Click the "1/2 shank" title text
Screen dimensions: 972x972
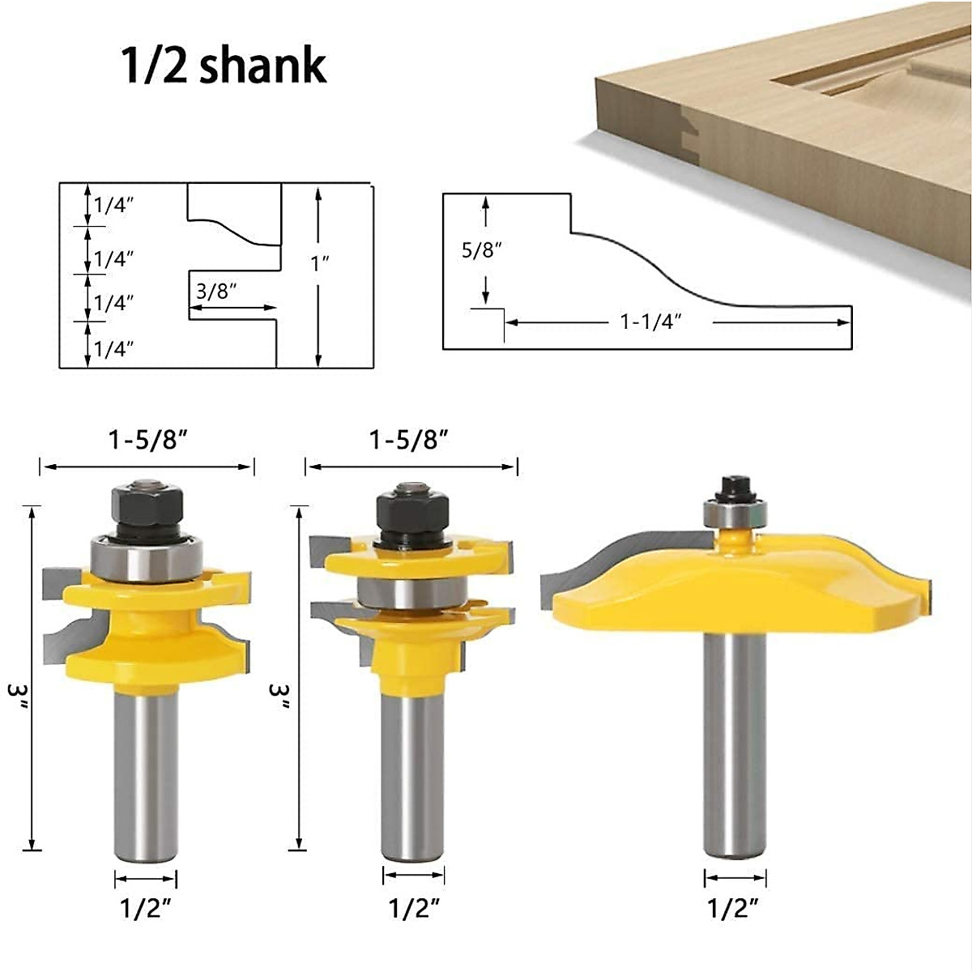pos(224,65)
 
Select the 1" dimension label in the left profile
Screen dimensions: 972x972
pos(320,263)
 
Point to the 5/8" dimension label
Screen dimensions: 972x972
pos(481,249)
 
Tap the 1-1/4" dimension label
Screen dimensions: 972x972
pos(651,322)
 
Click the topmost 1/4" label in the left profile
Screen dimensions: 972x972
pos(113,205)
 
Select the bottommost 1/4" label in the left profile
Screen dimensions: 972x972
pos(113,349)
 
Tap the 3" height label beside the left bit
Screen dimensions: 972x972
pos(18,694)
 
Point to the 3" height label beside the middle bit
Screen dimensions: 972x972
pos(279,694)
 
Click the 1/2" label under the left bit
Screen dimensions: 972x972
pos(147,909)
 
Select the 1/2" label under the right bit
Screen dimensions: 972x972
pos(735,909)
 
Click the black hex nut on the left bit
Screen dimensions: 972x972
pos(147,505)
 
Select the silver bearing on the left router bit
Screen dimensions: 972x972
pos(147,559)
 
